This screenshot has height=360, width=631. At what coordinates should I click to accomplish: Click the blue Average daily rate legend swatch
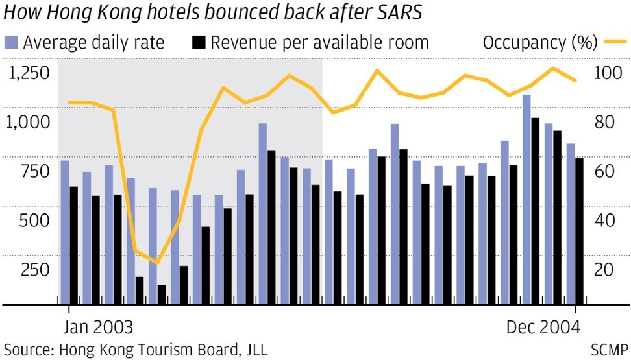click(x=12, y=43)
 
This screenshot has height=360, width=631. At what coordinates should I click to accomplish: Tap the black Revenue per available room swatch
click(x=199, y=43)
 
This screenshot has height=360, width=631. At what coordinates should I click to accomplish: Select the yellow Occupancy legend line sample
click(x=614, y=43)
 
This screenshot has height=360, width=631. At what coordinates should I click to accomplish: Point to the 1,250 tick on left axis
click(x=29, y=72)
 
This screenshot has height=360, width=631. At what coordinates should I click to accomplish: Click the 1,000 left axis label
click(x=29, y=121)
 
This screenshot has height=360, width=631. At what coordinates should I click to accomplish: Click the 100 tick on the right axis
click(x=607, y=72)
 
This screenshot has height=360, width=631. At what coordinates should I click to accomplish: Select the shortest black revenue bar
click(x=161, y=294)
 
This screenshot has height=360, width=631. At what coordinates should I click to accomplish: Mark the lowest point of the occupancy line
click(x=156, y=263)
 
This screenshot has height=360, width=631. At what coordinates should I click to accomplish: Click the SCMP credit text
click(x=609, y=350)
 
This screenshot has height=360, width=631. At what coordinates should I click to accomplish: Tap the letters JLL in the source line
click(x=255, y=350)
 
